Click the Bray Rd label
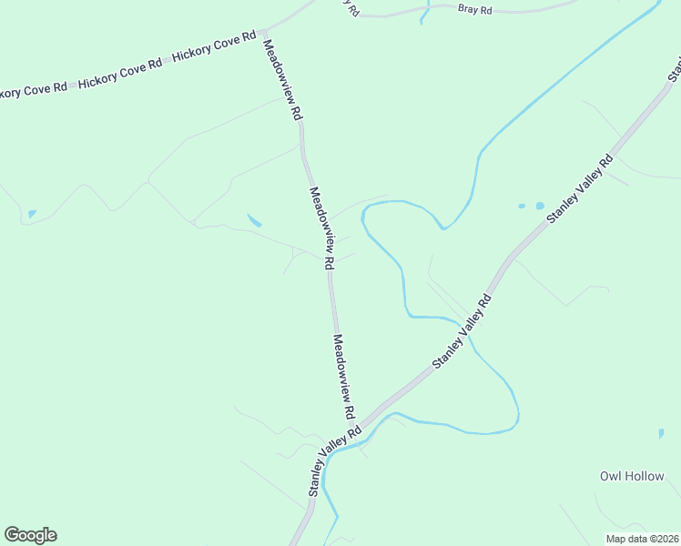[474, 9]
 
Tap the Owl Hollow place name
[632, 476]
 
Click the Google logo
[30, 535]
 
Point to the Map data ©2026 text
[642, 539]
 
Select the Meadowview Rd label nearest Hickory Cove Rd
[282, 80]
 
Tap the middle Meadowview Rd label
[322, 227]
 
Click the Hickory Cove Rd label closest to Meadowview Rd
[213, 49]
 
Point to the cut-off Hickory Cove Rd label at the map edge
[34, 91]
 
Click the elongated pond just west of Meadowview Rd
[254, 220]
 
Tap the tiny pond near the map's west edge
[32, 214]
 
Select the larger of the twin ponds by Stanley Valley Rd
[539, 206]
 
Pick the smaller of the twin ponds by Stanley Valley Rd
[522, 206]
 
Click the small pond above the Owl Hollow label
[661, 434]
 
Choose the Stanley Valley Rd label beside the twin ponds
[580, 189]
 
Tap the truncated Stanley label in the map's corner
[676, 66]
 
